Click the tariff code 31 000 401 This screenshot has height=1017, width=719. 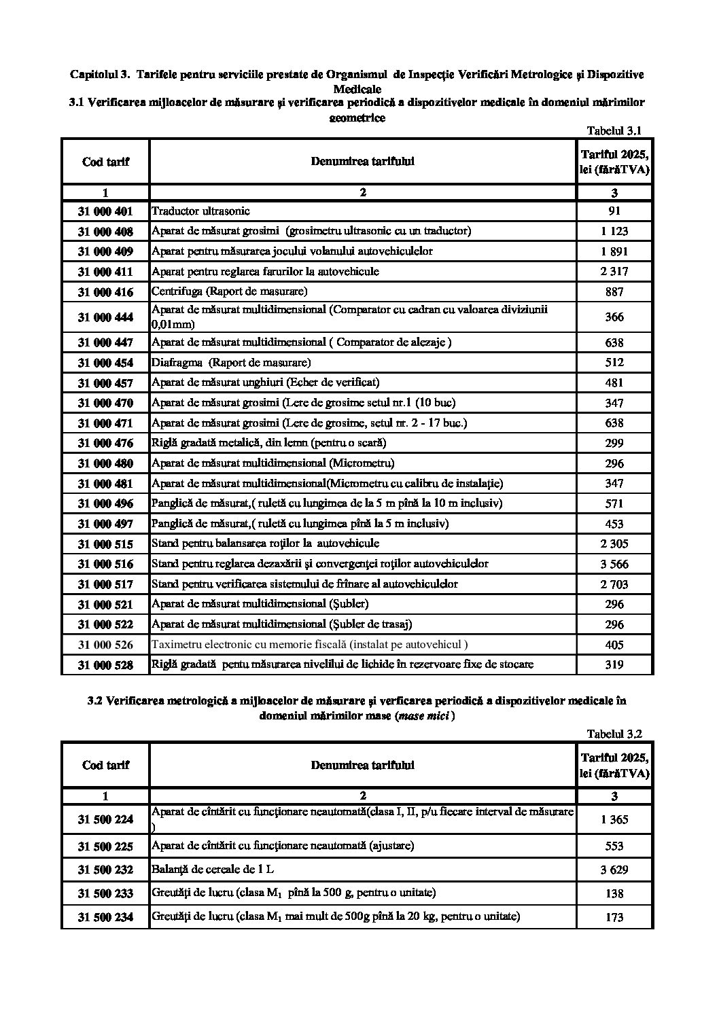coord(105,211)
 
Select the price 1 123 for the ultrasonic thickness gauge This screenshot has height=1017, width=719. coord(614,231)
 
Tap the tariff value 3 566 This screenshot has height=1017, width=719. coord(614,564)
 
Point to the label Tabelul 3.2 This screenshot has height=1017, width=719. coord(614,734)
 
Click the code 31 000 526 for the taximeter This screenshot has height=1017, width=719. coord(105,644)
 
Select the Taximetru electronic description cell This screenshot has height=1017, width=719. coord(309,644)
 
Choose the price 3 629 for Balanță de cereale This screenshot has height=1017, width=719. coord(614,870)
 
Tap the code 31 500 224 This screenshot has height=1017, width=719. coord(105,819)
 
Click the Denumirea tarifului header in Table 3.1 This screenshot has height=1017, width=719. coord(362,161)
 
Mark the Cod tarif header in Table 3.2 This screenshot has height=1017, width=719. coord(105,765)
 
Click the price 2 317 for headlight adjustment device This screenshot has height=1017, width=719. coord(614,271)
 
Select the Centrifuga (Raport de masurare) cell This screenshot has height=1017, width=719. coord(229,291)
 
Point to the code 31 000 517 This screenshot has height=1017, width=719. coord(105,584)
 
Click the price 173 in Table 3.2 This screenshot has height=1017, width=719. coord(614,917)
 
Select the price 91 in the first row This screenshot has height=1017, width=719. coord(614,211)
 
